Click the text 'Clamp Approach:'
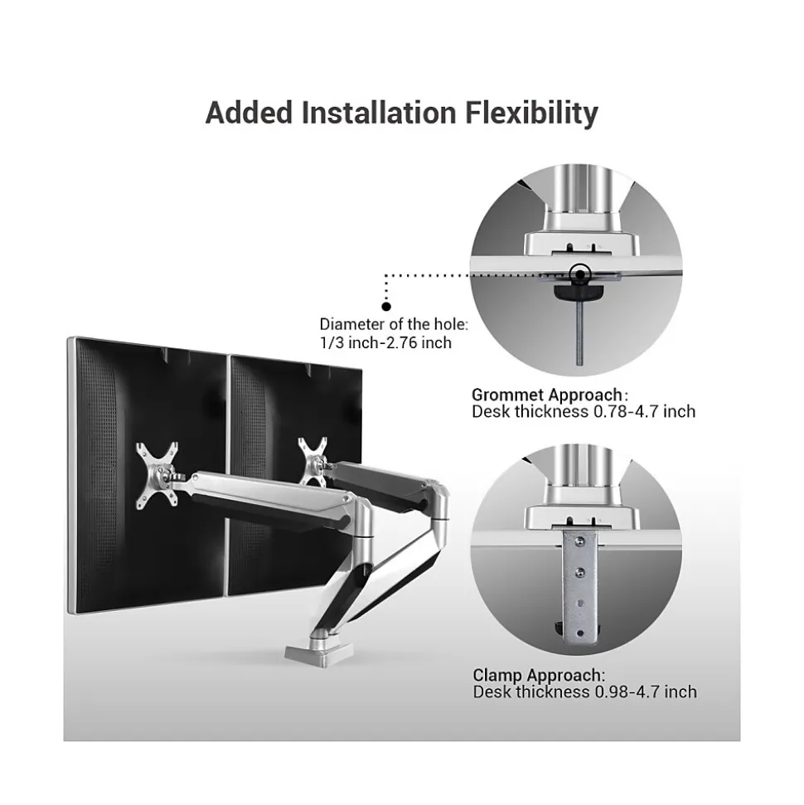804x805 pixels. click(539, 675)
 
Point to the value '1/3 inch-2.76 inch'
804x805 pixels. click(385, 342)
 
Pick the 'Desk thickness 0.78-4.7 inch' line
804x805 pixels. click(584, 411)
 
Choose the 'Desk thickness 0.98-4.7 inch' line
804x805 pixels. click(584, 691)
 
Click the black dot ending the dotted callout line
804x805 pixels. click(385, 306)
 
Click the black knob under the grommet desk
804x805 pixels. click(579, 292)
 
